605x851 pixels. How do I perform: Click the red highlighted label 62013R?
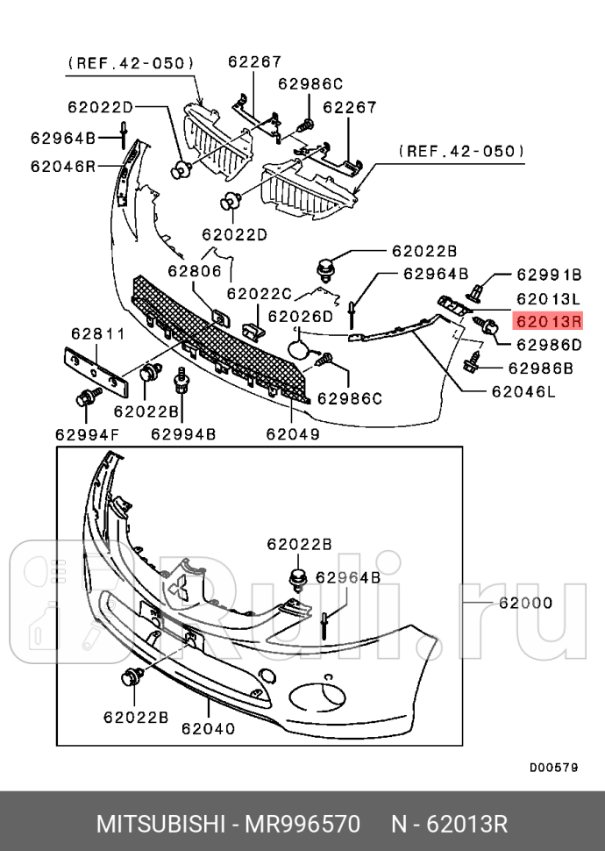pos(549,321)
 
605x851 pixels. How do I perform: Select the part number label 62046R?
pos(62,165)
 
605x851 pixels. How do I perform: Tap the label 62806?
pos(196,271)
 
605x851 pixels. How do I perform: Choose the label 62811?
pos(98,333)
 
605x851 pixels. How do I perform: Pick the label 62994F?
pos(87,433)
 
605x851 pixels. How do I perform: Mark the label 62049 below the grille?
pos(292,433)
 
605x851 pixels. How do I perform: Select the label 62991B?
pos(549,274)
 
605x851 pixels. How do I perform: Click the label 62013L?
pos(549,297)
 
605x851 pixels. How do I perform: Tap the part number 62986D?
pos(549,345)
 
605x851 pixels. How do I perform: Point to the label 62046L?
pos(523,392)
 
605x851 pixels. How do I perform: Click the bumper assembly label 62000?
pos(525,603)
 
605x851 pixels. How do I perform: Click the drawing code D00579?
pos(553,767)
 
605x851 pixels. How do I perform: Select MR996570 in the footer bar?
pos(301,825)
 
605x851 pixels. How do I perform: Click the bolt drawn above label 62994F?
pos(88,398)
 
